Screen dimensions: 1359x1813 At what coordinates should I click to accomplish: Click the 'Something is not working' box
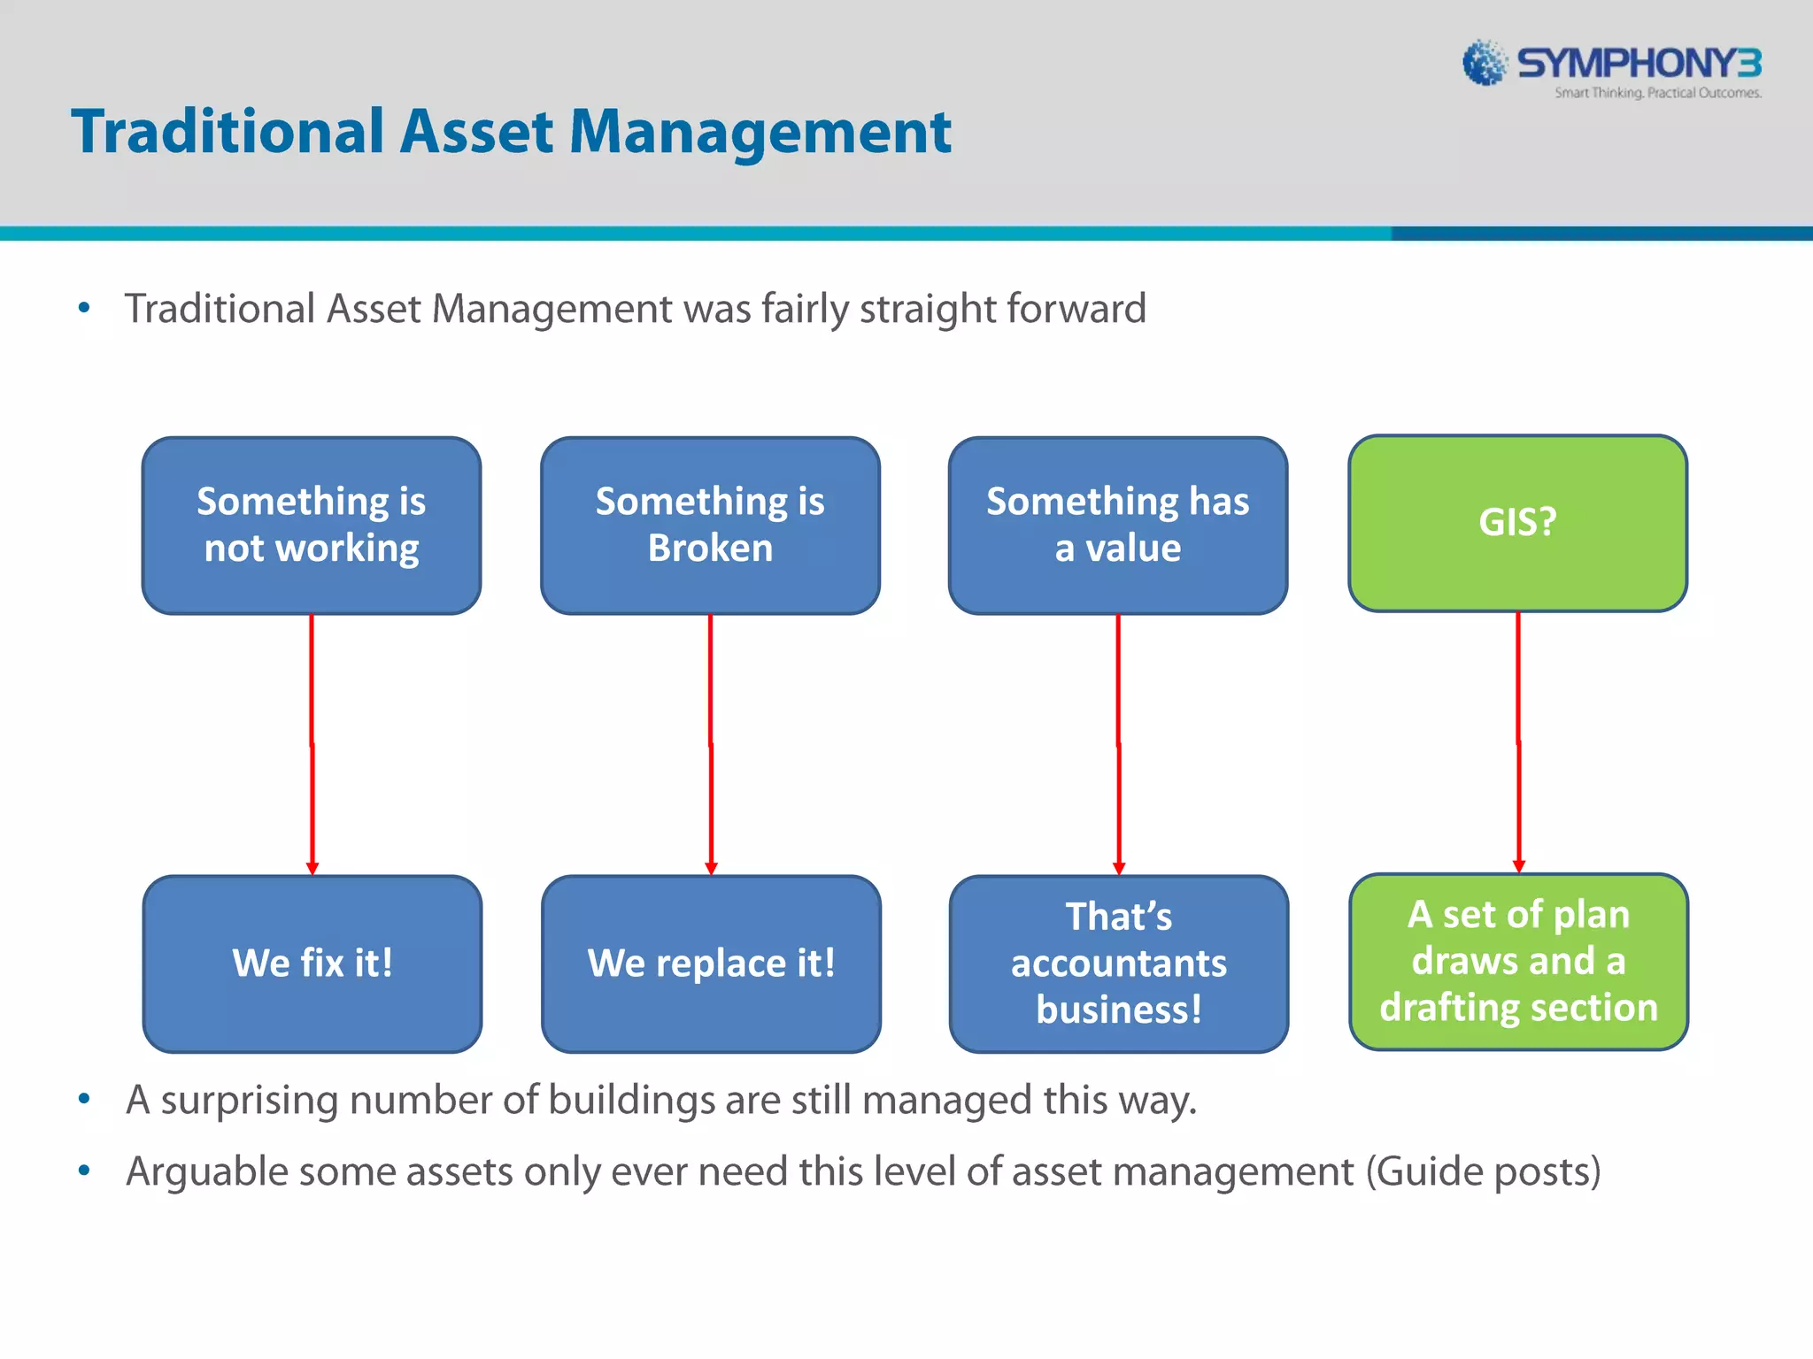pos(312,526)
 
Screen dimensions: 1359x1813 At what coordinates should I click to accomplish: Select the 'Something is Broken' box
pos(710,526)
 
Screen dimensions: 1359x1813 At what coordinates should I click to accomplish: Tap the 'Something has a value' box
pos(1117,526)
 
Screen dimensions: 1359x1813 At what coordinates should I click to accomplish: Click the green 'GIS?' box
pos(1517,523)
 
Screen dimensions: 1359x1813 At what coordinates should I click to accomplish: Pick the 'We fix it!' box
pos(312,964)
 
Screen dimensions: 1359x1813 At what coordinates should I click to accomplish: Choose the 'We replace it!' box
pos(711,964)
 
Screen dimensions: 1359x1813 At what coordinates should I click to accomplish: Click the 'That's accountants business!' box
pos(1118,964)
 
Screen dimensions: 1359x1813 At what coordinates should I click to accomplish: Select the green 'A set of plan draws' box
pos(1518,962)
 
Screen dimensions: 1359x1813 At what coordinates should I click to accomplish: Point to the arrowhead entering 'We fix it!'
pos(312,868)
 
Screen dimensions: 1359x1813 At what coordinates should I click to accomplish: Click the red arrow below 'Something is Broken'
pos(710,743)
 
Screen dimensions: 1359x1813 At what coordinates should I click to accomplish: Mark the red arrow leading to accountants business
pos(1118,743)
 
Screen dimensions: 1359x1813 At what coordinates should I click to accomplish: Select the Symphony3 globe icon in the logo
pos(1484,63)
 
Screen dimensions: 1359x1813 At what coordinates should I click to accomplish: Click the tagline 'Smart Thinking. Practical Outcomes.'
pos(1657,93)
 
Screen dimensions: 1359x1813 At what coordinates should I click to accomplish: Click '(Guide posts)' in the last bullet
pos(1483,1172)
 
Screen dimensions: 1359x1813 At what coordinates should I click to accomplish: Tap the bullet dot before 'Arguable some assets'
pos(84,1171)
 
